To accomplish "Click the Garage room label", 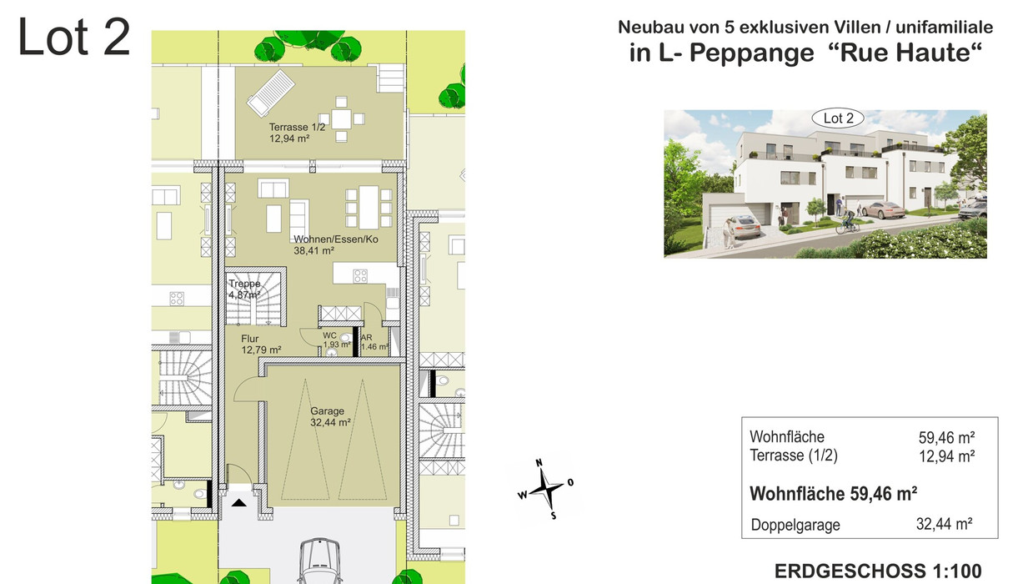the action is (x=327, y=410).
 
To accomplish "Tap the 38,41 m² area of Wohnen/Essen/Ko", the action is (x=313, y=250).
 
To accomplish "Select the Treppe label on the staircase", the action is (x=244, y=284).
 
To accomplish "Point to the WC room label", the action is (x=329, y=335).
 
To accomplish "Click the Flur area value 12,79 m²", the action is (x=261, y=350).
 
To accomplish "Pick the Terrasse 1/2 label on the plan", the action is (x=297, y=127).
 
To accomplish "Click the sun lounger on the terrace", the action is (x=270, y=93).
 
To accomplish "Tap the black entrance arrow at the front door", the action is (x=238, y=502).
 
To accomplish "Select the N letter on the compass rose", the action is (x=539, y=462).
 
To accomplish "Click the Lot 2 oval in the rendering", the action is (x=838, y=118).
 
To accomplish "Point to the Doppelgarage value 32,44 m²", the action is (x=945, y=524).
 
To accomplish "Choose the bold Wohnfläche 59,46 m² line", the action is (x=833, y=494).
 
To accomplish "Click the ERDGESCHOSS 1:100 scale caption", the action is (x=878, y=571).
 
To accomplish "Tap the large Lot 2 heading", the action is (x=74, y=37).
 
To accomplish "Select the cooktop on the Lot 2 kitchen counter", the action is (x=360, y=275).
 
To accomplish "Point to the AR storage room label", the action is (x=367, y=337).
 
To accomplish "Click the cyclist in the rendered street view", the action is (x=847, y=222).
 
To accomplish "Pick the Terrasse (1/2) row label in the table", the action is (x=793, y=455).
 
